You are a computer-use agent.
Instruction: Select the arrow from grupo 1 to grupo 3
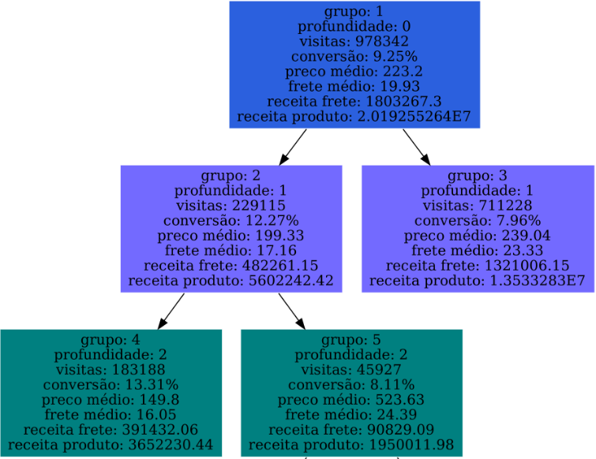(x=416, y=147)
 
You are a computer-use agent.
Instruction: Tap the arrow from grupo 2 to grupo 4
(x=171, y=311)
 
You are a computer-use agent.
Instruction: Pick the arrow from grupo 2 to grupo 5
(x=291, y=311)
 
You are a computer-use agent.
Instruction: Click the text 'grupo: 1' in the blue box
(x=354, y=12)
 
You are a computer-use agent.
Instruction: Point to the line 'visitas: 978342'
(x=354, y=41)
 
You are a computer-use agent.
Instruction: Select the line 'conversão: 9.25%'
(x=354, y=56)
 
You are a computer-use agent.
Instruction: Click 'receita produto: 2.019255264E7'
(x=354, y=117)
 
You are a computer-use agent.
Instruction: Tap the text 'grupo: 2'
(x=231, y=175)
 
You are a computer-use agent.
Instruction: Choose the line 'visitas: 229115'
(x=231, y=205)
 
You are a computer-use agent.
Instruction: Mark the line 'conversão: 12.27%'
(x=231, y=220)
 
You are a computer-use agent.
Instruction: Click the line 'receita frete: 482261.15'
(x=231, y=265)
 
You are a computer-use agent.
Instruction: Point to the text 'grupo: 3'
(x=477, y=175)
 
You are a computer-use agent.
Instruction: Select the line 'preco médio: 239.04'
(x=477, y=235)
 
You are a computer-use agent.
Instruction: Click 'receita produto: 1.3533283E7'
(x=477, y=280)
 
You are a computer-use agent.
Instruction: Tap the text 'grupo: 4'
(x=111, y=340)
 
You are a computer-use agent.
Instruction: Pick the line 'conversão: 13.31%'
(x=111, y=385)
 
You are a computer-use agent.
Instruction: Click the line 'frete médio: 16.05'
(x=111, y=415)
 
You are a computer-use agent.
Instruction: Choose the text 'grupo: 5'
(x=351, y=340)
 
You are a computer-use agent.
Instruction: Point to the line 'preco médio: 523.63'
(x=351, y=400)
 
